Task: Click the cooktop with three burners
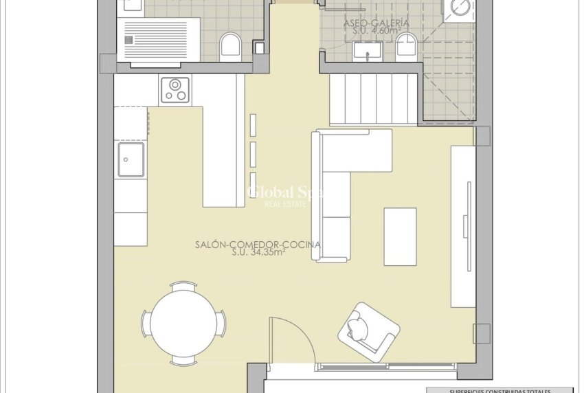click(x=175, y=90)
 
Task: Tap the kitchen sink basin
click(x=131, y=160)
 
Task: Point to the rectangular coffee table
click(x=400, y=236)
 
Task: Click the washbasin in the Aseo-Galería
click(x=368, y=49)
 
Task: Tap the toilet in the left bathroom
click(x=229, y=47)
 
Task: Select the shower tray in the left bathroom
click(x=157, y=40)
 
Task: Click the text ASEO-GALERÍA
click(x=377, y=23)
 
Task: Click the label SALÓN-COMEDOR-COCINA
click(x=258, y=244)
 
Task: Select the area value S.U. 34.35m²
click(x=258, y=252)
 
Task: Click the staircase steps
click(x=374, y=99)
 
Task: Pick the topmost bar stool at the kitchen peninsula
click(x=253, y=124)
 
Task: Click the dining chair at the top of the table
click(x=183, y=286)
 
